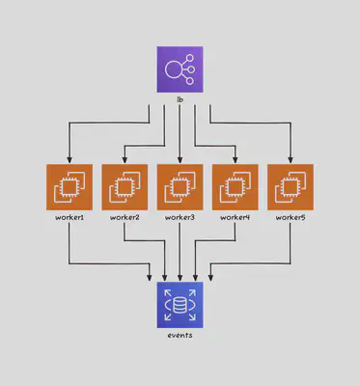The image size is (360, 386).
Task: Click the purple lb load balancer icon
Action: click(x=180, y=69)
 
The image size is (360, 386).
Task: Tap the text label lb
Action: click(x=180, y=100)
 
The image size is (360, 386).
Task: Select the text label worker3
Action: click(x=180, y=218)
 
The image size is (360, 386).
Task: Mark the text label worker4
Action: click(x=235, y=218)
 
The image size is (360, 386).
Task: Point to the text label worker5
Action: click(x=291, y=218)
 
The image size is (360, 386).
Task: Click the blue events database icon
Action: click(x=180, y=305)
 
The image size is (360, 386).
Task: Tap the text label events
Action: click(x=180, y=335)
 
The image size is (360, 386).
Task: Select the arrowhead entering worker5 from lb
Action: click(x=291, y=159)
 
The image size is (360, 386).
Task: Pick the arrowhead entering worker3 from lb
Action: click(x=180, y=159)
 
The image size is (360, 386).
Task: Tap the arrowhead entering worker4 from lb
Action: click(x=235, y=159)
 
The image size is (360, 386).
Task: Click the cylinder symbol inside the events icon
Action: click(x=180, y=306)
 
